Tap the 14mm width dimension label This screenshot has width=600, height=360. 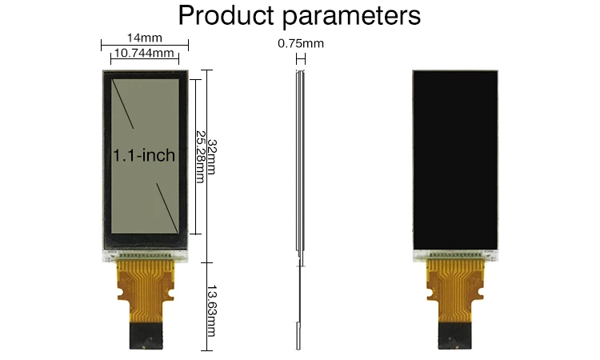tap(144, 38)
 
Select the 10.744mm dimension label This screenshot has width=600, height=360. tap(145, 53)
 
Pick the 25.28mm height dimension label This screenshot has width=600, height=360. tap(200, 156)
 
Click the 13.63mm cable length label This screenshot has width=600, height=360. tap(211, 311)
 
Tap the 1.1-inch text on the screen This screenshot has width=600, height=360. tap(144, 155)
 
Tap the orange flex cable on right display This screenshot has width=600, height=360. tap(456, 284)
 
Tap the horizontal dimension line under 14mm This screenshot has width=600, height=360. tap(145, 45)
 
